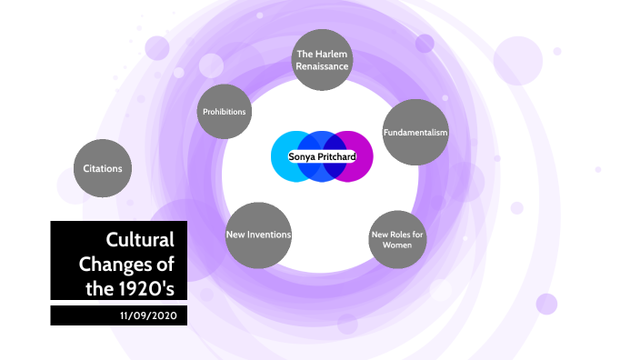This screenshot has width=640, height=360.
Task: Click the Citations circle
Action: tap(103, 168)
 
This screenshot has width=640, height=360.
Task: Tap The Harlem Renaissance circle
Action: tap(322, 60)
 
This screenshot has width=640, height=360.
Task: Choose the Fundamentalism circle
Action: tap(415, 133)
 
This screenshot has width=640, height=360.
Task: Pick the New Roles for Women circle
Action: tap(397, 240)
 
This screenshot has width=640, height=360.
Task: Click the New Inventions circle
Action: tap(258, 235)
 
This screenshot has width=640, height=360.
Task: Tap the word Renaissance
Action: tap(322, 66)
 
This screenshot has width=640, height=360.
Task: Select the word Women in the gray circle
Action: tap(397, 245)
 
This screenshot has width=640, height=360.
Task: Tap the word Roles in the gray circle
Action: tap(395, 235)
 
